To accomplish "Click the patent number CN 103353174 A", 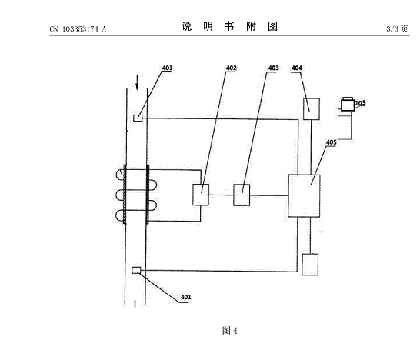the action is (x=78, y=29).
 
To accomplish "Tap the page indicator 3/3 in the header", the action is (x=392, y=28).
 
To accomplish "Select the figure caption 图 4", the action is (x=230, y=331).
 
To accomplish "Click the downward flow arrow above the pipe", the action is (x=137, y=82).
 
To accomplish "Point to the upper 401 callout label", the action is (x=167, y=68).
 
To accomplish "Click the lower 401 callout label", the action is (x=186, y=297).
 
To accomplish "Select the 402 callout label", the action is (x=232, y=68).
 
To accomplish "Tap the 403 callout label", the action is (x=273, y=68).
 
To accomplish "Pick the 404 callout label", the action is (x=297, y=68).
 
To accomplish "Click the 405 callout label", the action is (x=331, y=142).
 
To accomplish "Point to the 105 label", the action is (x=360, y=103).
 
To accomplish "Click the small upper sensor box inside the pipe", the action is (x=138, y=118).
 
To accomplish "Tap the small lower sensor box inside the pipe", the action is (x=136, y=270).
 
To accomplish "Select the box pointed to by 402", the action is (x=201, y=195).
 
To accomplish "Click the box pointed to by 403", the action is (x=242, y=195).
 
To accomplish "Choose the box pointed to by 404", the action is (x=312, y=109).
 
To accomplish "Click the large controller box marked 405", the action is (x=304, y=196).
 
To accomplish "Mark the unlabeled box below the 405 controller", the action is (x=310, y=265).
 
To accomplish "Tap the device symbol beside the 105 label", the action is (x=348, y=104).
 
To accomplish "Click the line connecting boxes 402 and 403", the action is (x=222, y=195).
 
